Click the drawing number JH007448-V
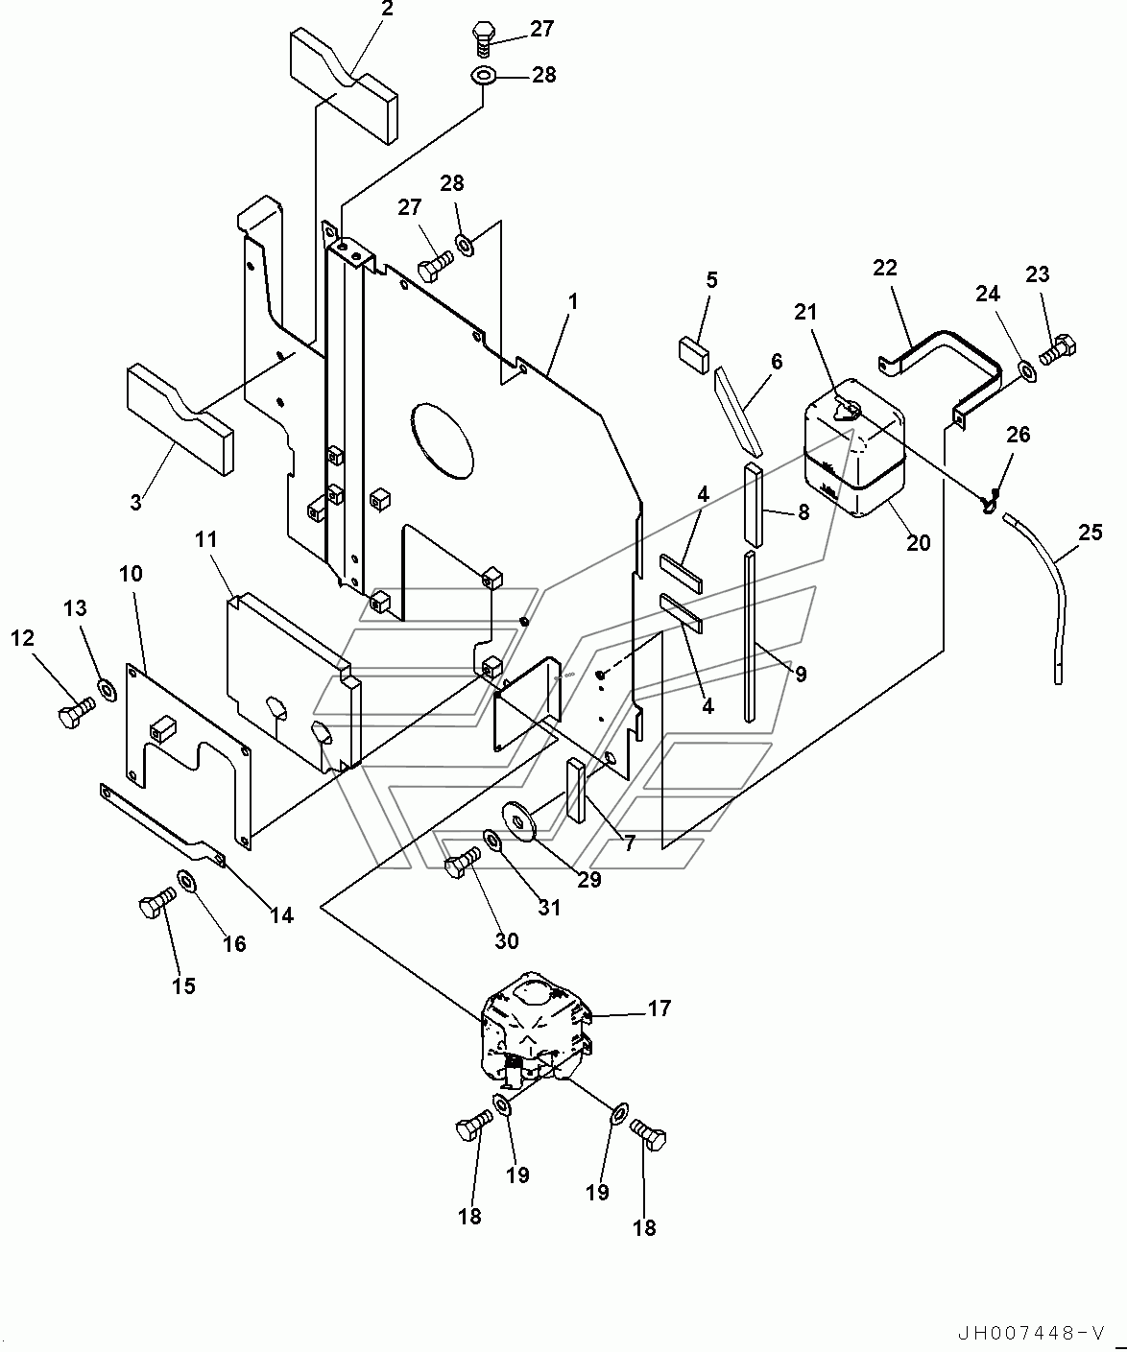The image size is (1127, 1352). click(1030, 1333)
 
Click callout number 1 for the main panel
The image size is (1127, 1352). click(572, 301)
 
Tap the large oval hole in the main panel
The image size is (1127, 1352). click(442, 441)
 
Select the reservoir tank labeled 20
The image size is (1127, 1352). click(853, 447)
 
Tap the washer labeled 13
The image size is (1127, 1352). click(107, 690)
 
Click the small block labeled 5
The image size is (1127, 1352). click(694, 354)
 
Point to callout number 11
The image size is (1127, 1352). click(206, 539)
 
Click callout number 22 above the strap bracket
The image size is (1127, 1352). click(885, 268)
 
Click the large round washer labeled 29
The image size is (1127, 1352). click(521, 821)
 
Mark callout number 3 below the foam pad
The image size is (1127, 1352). click(135, 502)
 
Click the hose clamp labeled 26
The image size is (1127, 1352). click(991, 501)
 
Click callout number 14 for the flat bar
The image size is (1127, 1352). click(282, 915)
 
